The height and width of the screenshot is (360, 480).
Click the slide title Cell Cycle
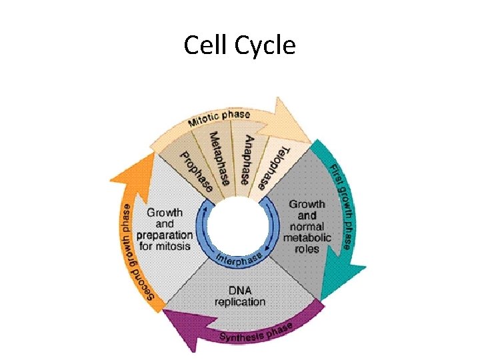[239, 45]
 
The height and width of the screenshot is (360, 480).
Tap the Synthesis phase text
[256, 332]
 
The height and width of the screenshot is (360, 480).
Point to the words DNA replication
[239, 295]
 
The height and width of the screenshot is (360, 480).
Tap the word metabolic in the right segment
[307, 238]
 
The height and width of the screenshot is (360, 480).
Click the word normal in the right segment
[307, 227]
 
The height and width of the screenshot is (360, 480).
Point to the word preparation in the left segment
[165, 235]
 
